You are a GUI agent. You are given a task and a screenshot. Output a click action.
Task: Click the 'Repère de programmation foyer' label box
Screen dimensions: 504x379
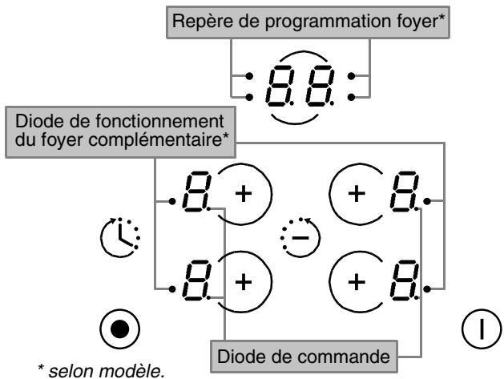pos(308,22)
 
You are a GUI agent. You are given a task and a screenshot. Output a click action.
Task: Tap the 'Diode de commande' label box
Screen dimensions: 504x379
pos(304,357)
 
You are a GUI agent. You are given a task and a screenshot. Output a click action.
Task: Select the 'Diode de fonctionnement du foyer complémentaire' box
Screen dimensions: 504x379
pos(120,131)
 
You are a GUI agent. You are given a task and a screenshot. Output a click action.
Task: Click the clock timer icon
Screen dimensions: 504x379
pos(120,237)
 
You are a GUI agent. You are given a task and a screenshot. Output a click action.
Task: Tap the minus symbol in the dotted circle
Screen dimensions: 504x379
pos(300,238)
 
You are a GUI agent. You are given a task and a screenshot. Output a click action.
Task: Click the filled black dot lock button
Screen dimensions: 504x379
pos(120,329)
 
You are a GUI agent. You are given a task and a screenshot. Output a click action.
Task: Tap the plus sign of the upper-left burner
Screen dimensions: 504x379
pos(244,194)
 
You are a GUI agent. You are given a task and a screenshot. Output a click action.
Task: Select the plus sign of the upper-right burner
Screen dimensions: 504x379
pos(357,194)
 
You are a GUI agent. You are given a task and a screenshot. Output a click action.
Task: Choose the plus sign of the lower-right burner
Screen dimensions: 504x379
pos(357,282)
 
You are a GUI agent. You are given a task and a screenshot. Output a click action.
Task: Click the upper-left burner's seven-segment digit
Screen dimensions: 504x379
pos(197,192)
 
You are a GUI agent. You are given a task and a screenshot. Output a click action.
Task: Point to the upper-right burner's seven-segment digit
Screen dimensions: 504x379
pos(405,192)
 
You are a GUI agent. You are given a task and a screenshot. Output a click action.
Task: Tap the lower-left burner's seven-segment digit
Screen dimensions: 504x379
pos(197,280)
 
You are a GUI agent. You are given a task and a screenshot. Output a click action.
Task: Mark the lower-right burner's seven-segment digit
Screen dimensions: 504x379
pos(405,280)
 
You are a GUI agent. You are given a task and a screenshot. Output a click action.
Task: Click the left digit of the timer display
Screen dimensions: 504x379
pos(280,86)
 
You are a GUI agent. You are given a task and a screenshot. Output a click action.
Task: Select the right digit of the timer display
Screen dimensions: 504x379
pos(320,86)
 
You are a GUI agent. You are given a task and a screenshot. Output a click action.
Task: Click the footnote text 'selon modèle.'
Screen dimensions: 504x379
pos(107,371)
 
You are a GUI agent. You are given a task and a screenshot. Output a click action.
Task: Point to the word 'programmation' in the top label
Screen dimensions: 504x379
pos(326,22)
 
